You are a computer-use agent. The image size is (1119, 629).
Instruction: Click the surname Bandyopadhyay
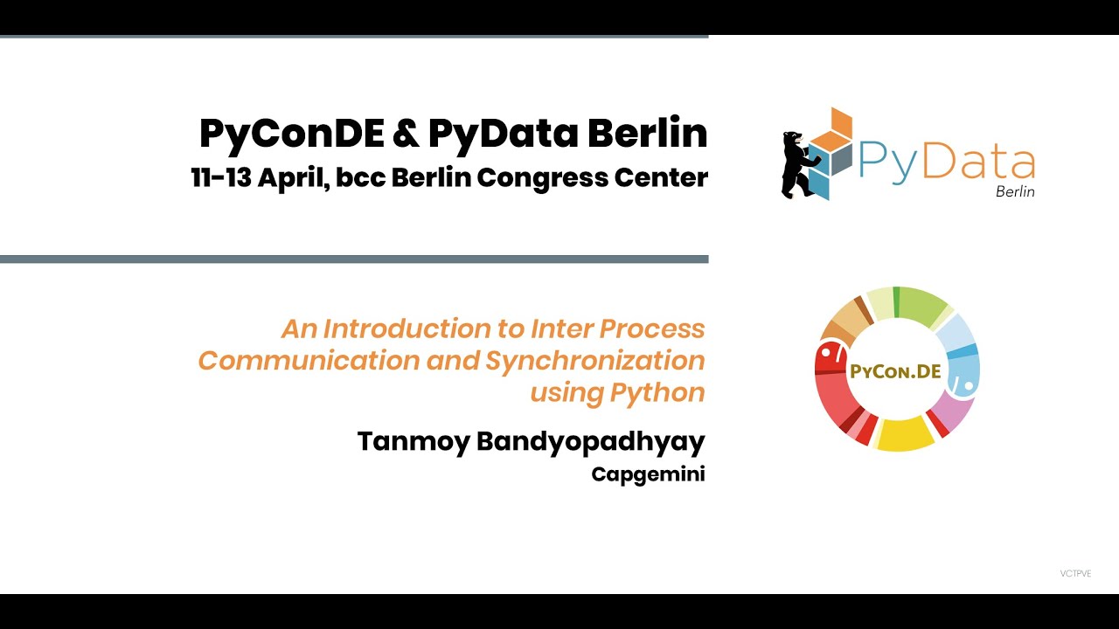(591, 442)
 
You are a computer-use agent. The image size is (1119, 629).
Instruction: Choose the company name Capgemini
(648, 474)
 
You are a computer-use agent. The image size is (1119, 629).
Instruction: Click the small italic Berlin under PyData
(1015, 191)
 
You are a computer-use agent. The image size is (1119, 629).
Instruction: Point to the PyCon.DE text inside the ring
(895, 371)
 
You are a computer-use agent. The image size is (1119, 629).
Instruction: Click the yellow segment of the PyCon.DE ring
(906, 434)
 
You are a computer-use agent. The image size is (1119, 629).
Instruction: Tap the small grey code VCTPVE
(1075, 574)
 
